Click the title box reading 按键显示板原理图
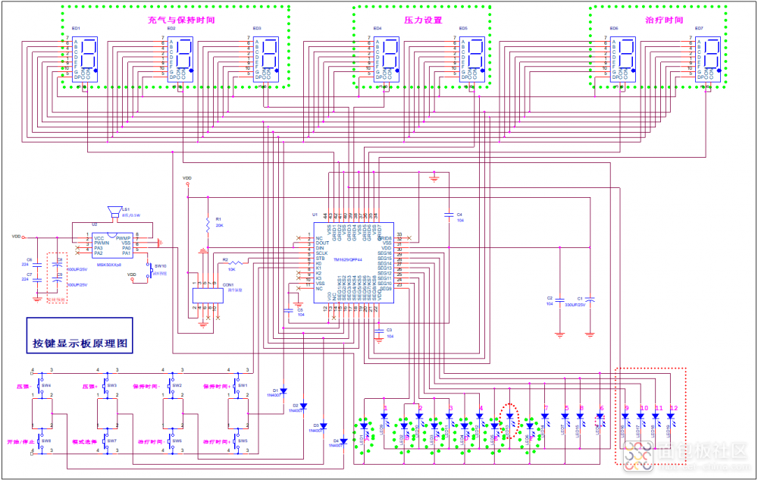(x=80, y=343)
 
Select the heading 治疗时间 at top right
(x=659, y=20)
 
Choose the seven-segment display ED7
(x=711, y=55)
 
